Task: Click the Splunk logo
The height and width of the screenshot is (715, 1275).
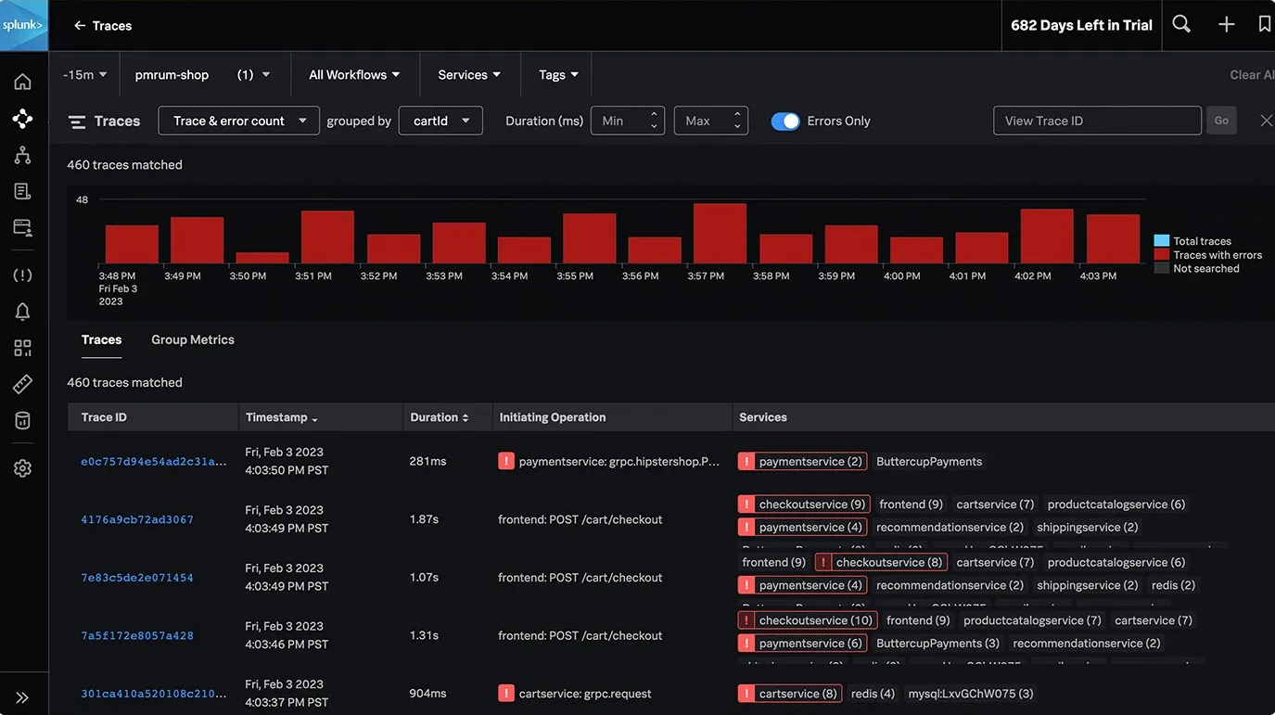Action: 23,25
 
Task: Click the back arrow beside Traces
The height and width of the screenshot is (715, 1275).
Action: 80,26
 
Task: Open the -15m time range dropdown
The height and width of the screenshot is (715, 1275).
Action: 84,75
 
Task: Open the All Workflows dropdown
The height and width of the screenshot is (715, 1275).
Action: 354,75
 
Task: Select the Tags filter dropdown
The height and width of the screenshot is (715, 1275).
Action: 559,75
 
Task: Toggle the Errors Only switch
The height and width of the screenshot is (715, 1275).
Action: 785,121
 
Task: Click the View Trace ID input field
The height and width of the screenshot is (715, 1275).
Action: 1096,121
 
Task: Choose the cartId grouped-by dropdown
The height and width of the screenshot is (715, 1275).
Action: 440,121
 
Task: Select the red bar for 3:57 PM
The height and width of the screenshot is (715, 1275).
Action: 720,234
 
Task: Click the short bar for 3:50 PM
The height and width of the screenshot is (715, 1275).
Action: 262,258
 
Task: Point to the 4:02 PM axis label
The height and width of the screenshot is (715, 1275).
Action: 1032,276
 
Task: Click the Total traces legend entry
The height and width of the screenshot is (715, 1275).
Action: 1202,241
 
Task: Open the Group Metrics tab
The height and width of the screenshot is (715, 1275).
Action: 193,340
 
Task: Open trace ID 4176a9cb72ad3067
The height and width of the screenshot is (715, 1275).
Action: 137,519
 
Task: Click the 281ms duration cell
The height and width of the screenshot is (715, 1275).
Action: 427,461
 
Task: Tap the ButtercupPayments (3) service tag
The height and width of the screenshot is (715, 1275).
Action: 937,644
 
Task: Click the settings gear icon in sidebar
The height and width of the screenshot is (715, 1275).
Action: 23,468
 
